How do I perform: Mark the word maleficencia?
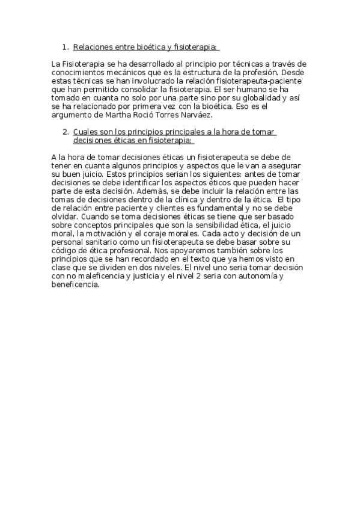pyautogui.click(x=96, y=276)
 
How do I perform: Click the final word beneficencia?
pyautogui.click(x=75, y=284)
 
